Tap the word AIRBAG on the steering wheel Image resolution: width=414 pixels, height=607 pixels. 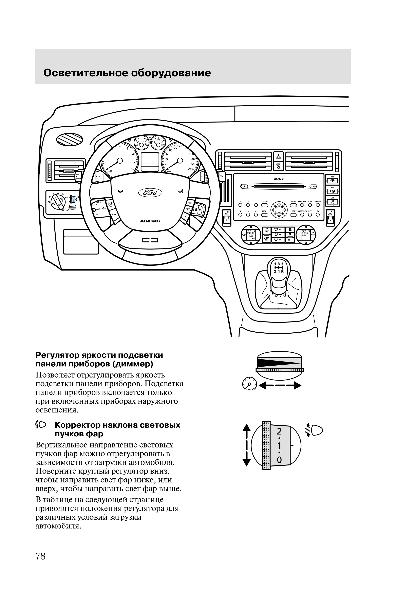150,221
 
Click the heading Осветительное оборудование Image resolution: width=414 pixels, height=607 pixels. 127,73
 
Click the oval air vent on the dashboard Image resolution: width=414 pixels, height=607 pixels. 70,139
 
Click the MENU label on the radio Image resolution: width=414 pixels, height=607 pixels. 264,211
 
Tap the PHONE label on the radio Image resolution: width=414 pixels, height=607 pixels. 318,202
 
